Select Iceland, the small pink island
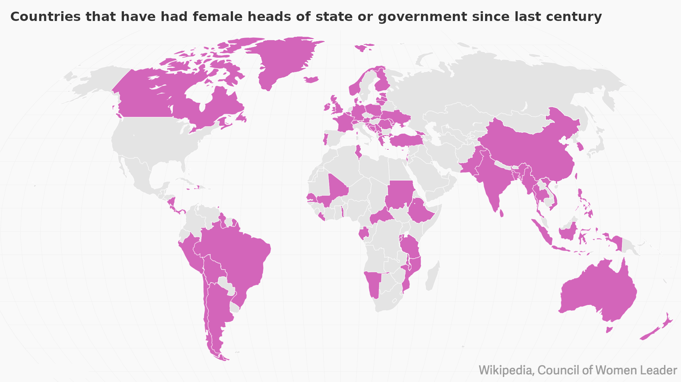pos(311,79)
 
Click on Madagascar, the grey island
pos(433,277)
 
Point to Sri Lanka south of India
pos(501,213)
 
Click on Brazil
pos(239,253)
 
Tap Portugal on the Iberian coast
pos(325,139)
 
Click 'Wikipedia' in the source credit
pos(506,370)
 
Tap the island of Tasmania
pos(609,330)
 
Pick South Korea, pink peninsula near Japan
pos(580,147)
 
